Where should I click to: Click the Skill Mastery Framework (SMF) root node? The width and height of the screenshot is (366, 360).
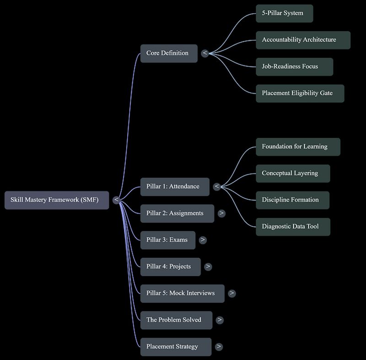coord(57,200)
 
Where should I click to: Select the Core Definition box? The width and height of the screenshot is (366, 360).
coord(169,54)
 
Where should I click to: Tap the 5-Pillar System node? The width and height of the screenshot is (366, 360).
coord(284,14)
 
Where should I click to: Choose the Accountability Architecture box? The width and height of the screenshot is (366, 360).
coord(303,40)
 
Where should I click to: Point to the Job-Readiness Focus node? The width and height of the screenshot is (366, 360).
coord(294,67)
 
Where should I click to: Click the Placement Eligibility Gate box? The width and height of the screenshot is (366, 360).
coord(300,93)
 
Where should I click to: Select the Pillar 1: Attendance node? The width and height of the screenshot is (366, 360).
coord(175,187)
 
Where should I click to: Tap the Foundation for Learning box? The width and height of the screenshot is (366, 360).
coord(298,147)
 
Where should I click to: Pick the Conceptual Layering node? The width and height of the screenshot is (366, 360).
coord(293,174)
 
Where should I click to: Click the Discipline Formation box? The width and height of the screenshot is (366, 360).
coord(293,200)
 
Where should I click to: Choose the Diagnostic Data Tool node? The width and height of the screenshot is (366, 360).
coord(293,227)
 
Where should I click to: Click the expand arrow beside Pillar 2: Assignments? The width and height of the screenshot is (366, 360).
coord(221,213)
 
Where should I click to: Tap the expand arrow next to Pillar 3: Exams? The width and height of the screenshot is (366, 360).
coord(203,240)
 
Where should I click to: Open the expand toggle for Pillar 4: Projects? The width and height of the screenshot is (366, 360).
coord(208,267)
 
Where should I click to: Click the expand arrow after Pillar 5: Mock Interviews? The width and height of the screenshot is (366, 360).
coord(232,293)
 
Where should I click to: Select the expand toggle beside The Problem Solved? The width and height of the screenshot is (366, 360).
coord(220,320)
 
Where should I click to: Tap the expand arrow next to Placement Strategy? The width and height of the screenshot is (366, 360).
coord(219,346)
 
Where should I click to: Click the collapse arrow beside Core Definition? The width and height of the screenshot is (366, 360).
coord(205,53)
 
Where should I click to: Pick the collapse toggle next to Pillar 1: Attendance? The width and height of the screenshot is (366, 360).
coord(217,187)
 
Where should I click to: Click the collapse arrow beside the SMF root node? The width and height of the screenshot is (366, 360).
coord(116,200)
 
